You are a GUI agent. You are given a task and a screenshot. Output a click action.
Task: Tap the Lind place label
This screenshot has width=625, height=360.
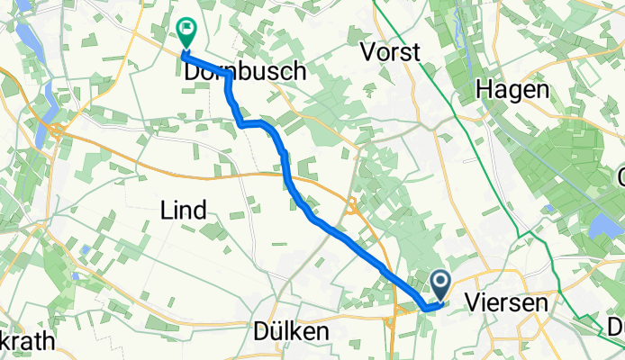183,211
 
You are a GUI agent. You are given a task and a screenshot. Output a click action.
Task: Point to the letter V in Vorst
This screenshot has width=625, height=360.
367,52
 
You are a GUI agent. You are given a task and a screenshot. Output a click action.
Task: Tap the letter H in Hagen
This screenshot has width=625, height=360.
484,90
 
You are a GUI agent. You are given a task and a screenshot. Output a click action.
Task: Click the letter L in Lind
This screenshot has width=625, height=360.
164,211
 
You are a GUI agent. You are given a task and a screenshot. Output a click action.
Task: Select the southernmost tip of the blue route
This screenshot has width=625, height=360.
425,308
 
